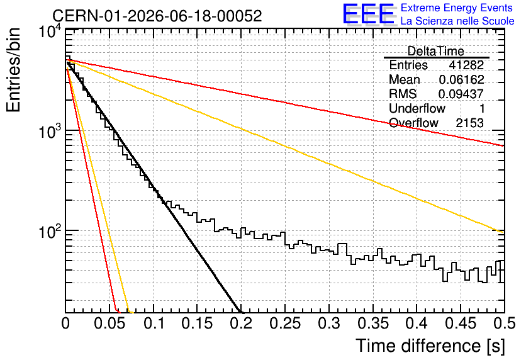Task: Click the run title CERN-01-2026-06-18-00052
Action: point(157,16)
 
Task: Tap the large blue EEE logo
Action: point(368,14)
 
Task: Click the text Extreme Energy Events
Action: point(457,8)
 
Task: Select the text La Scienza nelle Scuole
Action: point(457,21)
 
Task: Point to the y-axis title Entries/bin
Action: point(13,70)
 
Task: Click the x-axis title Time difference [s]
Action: point(430,346)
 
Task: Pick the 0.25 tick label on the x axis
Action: point(285,323)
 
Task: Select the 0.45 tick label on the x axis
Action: point(461,323)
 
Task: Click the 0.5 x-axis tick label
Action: point(505,323)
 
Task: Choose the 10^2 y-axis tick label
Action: point(50,231)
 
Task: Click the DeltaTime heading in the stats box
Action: point(436,51)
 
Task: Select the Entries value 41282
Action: point(466,65)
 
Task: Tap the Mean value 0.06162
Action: point(462,79)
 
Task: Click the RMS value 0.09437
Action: point(461,94)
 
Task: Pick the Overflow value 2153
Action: point(469,123)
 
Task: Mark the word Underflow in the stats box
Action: point(417,108)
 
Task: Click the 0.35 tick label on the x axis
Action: point(372,323)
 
